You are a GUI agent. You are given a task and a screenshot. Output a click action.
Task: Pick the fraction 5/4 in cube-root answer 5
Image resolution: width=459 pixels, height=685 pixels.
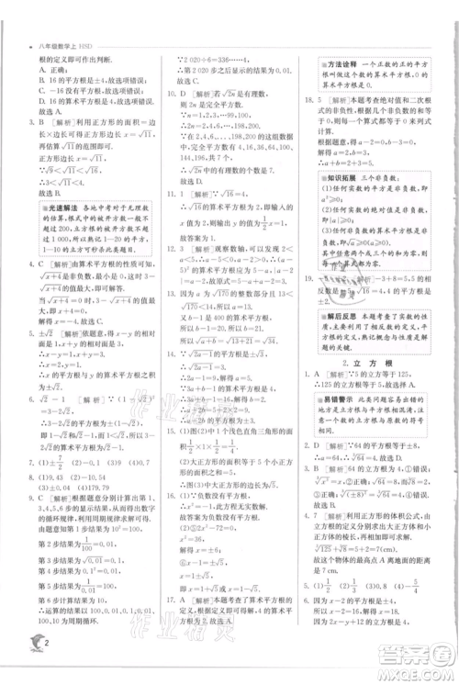(x=431, y=610)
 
